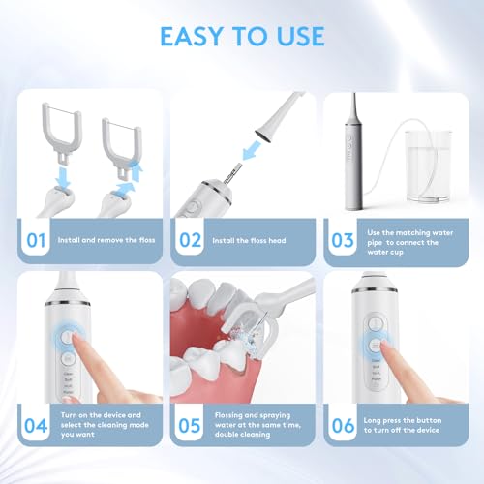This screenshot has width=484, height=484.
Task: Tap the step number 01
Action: (x=37, y=238)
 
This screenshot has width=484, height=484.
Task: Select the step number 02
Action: (x=192, y=238)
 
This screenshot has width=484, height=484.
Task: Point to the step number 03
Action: (x=344, y=238)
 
